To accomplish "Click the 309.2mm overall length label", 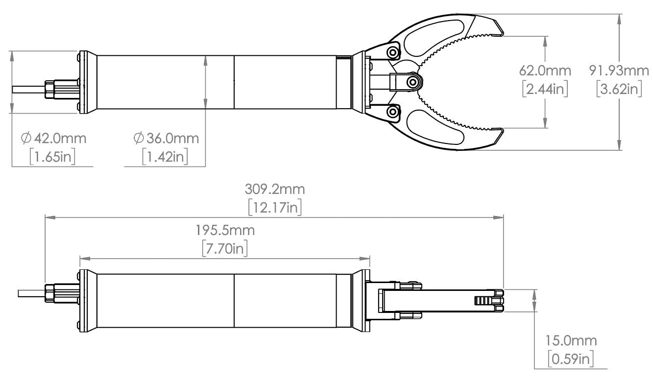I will click(x=274, y=189).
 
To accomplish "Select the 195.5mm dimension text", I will click(x=225, y=230).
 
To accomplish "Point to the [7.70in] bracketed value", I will click(x=225, y=248).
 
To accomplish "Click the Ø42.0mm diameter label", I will click(x=53, y=139).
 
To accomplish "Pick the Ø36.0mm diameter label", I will click(x=166, y=139).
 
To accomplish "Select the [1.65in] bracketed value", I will click(x=52, y=157).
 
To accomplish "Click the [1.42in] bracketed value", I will click(x=165, y=157).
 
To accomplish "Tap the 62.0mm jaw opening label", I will click(x=545, y=71).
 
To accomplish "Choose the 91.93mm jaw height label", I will click(x=619, y=71).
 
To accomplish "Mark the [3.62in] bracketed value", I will click(x=619, y=90).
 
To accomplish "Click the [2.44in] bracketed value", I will click(x=545, y=90).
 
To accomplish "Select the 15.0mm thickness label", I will click(x=571, y=341).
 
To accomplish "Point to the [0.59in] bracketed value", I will click(x=571, y=359).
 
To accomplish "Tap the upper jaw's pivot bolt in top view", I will click(x=392, y=52).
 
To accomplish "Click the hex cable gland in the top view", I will click(x=50, y=89).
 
